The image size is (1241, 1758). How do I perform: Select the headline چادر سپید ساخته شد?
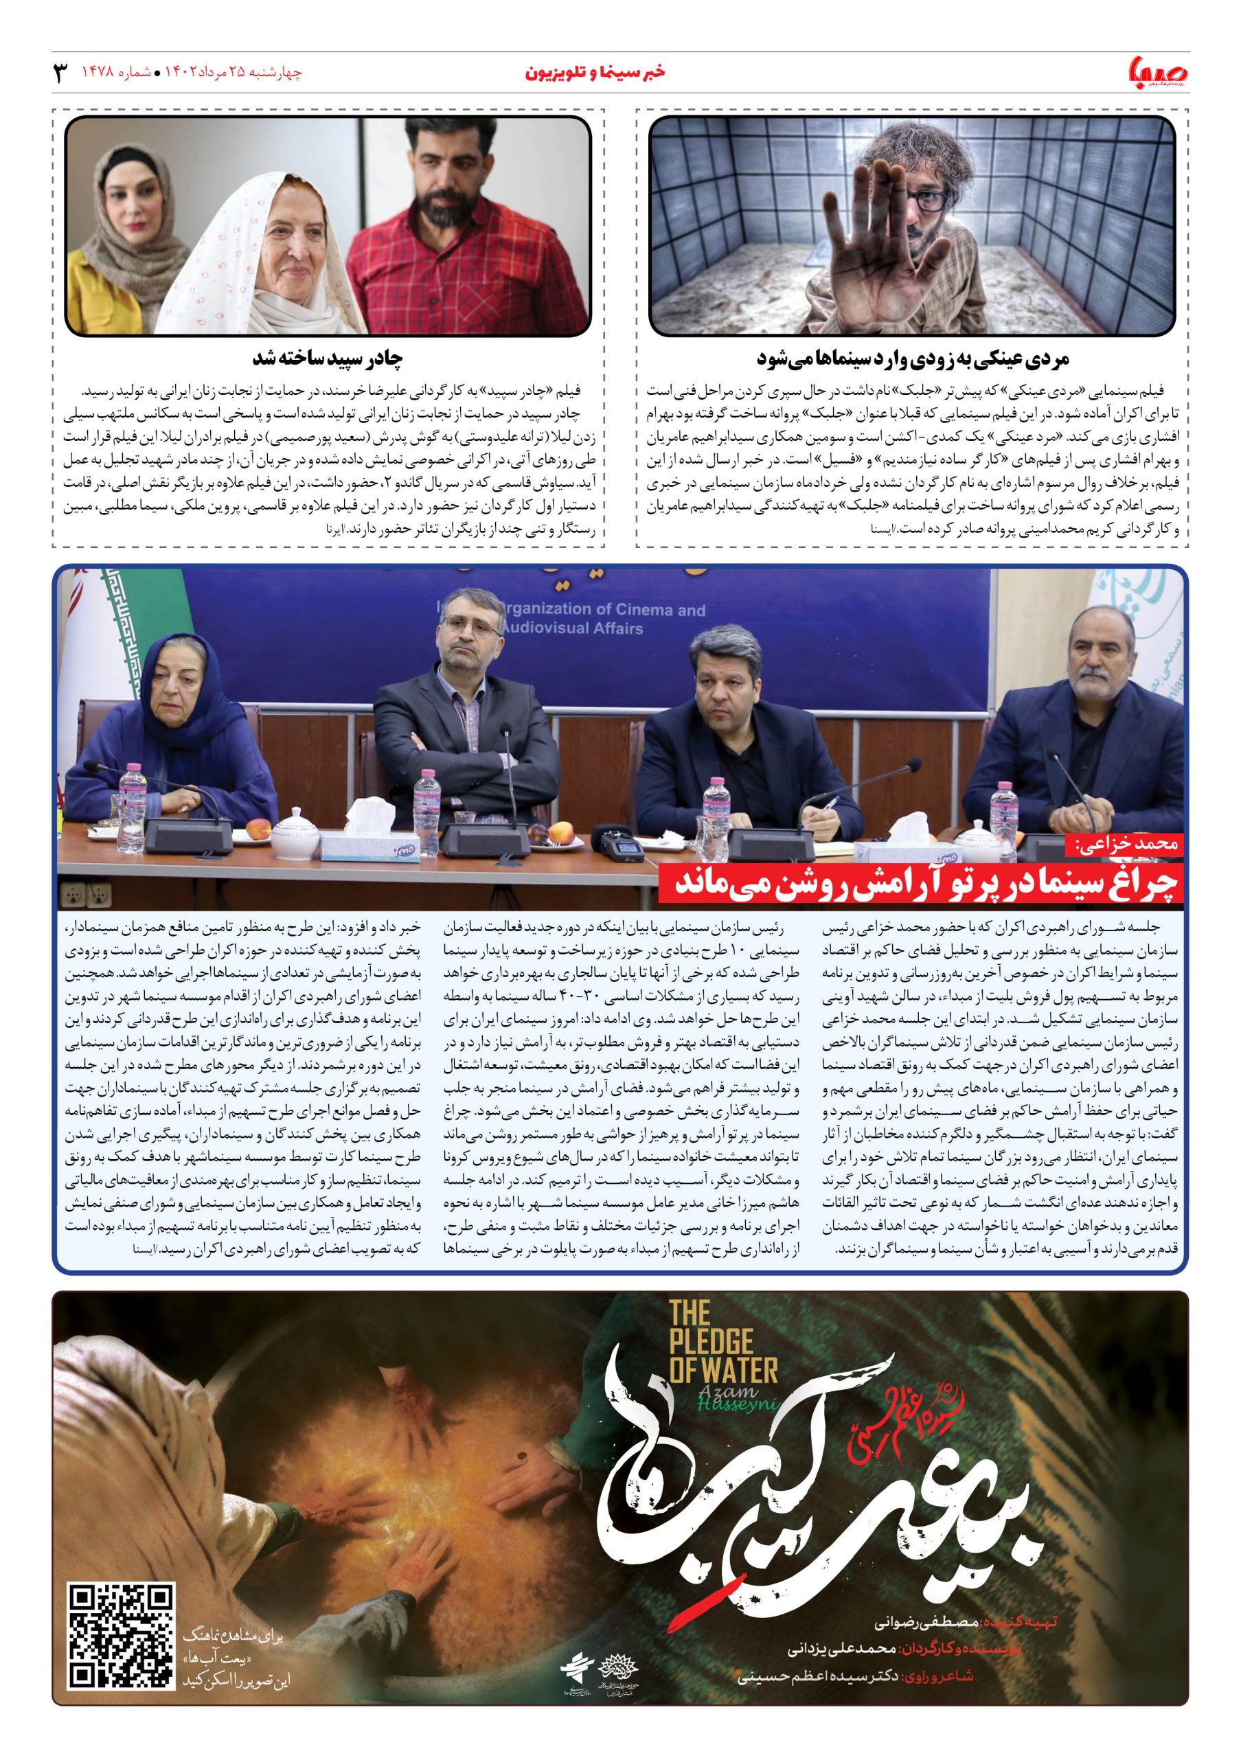(328, 358)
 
